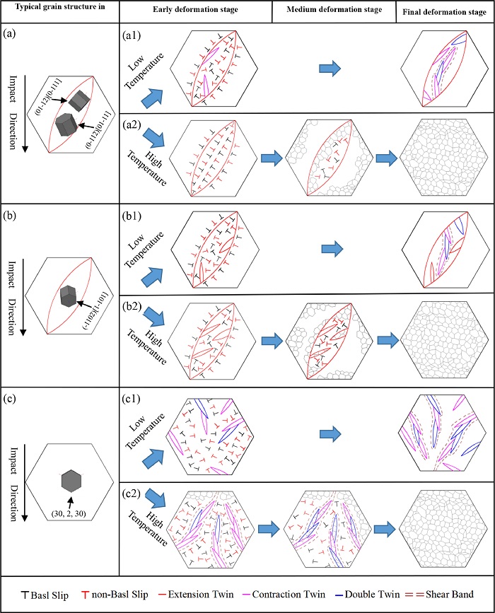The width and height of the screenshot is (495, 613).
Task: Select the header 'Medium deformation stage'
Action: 334,11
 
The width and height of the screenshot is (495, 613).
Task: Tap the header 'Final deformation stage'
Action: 445,11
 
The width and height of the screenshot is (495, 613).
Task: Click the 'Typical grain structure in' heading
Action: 59,11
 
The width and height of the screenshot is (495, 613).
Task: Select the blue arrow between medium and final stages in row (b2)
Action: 388,341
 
